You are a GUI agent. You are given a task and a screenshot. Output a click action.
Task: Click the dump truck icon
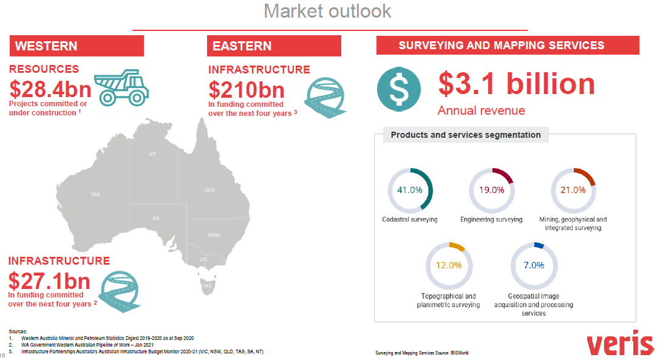click(x=121, y=87)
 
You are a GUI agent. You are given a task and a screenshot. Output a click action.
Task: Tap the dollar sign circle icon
click(x=398, y=89)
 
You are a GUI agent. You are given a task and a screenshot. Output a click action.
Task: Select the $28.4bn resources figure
click(x=50, y=89)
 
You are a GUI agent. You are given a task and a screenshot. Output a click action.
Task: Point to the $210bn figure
click(x=247, y=90)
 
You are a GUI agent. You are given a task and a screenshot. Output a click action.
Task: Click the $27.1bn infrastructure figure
click(x=49, y=281)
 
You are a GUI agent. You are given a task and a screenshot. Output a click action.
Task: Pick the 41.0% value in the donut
click(x=410, y=190)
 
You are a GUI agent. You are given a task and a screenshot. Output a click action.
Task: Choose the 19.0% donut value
click(x=491, y=190)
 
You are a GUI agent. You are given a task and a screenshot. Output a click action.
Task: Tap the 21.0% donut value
click(x=573, y=190)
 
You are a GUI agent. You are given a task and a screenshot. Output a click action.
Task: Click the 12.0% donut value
click(x=449, y=265)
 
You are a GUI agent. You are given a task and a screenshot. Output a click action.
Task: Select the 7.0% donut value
click(x=534, y=265)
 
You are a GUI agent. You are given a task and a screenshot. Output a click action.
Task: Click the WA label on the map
click(x=95, y=194)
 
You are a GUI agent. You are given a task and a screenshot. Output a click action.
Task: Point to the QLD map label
click(x=209, y=190)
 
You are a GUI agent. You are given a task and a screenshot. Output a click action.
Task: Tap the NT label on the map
click(x=152, y=154)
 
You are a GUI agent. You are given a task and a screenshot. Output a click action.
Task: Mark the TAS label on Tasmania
click(x=207, y=286)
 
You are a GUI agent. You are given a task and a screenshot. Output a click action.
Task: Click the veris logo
click(x=620, y=343)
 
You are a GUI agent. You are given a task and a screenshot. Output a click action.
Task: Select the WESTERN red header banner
click(x=77, y=46)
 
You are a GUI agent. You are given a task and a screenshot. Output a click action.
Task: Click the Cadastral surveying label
click(x=410, y=219)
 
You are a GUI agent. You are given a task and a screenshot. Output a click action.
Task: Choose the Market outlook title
click(x=328, y=11)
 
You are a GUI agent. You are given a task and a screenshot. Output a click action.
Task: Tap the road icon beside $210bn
click(x=325, y=98)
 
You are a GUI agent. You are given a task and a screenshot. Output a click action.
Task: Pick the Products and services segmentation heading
click(x=466, y=135)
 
